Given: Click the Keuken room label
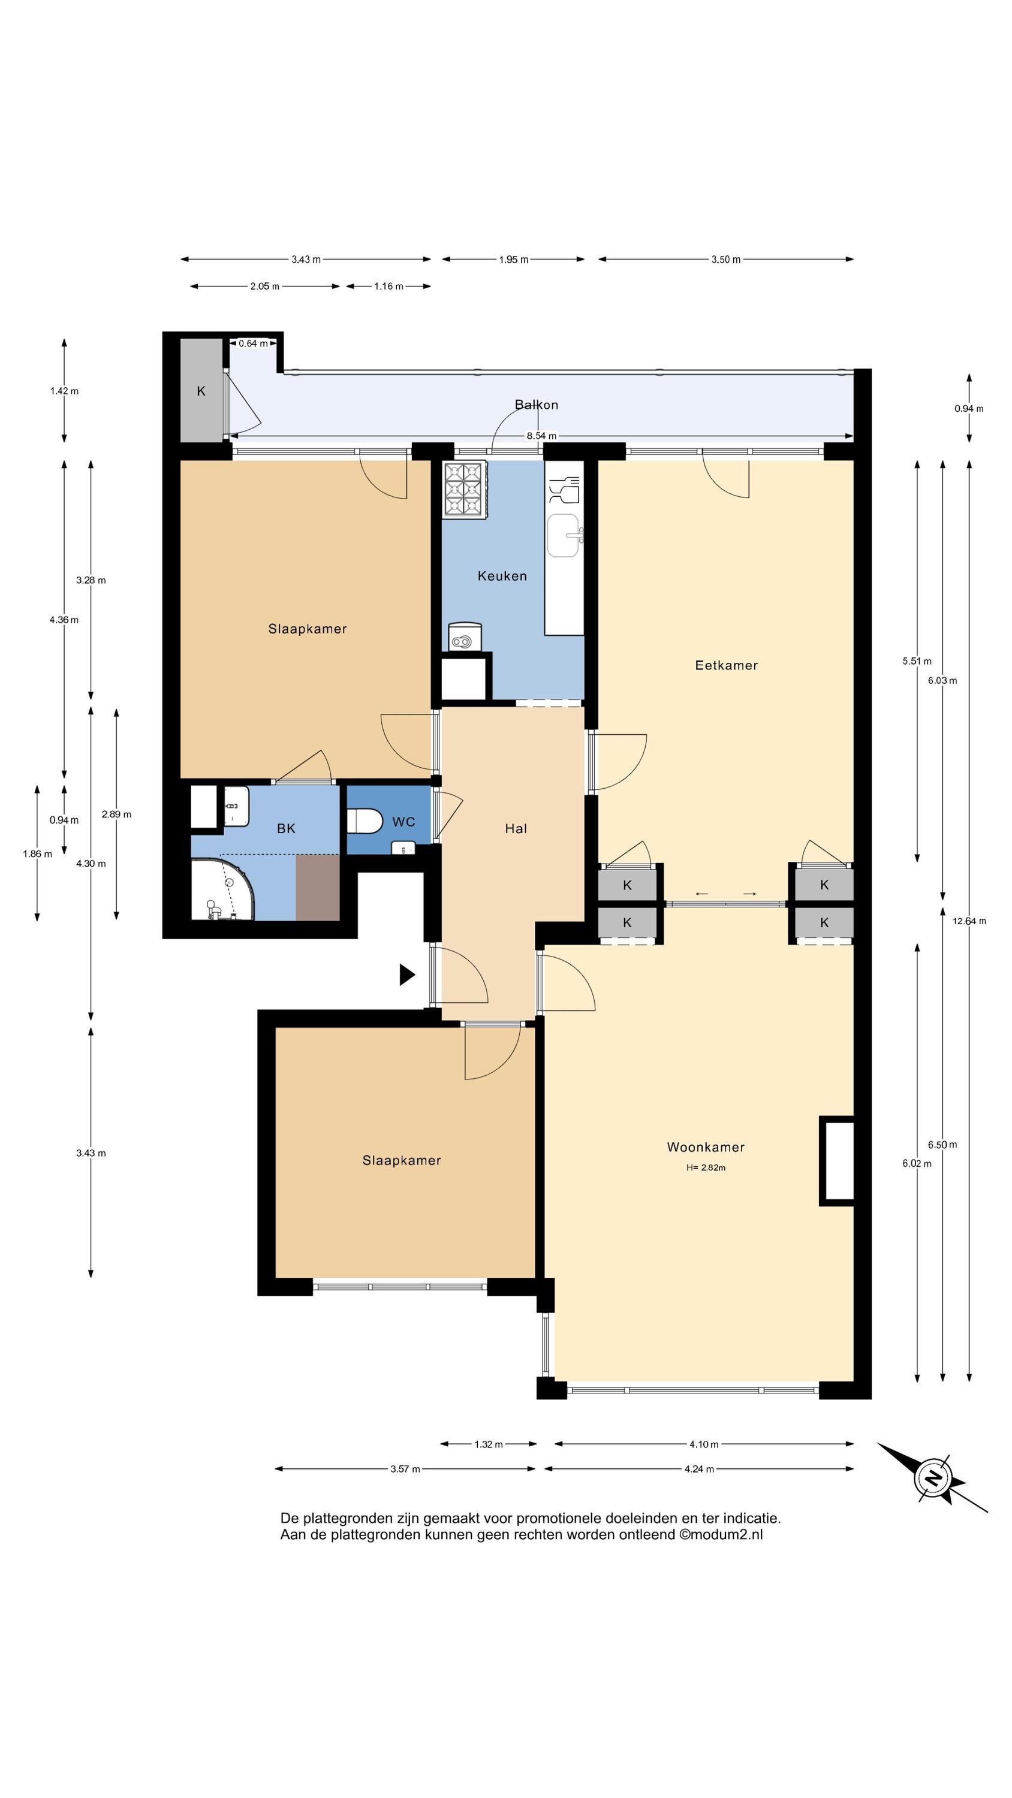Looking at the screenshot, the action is pyautogui.click(x=501, y=576).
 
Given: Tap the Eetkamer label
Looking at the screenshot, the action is pyautogui.click(x=725, y=665).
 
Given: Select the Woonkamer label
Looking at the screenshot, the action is pyautogui.click(x=706, y=1147).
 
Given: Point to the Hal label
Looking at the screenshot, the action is pyautogui.click(x=516, y=828).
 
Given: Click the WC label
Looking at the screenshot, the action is pyautogui.click(x=403, y=822).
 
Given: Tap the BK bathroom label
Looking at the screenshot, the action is pyautogui.click(x=285, y=828).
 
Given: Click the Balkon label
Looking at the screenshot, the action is pyautogui.click(x=537, y=405).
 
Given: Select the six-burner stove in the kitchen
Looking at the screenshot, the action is pyautogui.click(x=465, y=491).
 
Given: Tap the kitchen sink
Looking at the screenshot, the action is pyautogui.click(x=564, y=536).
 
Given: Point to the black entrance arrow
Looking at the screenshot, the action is pyautogui.click(x=407, y=975).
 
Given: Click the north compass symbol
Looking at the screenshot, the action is pyautogui.click(x=932, y=1477).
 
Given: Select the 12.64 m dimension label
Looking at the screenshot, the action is pyautogui.click(x=969, y=921).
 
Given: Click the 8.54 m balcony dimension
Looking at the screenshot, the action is pyautogui.click(x=541, y=436).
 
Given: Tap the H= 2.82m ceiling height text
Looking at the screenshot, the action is pyautogui.click(x=706, y=1168).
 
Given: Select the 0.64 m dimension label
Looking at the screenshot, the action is pyautogui.click(x=254, y=343).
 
